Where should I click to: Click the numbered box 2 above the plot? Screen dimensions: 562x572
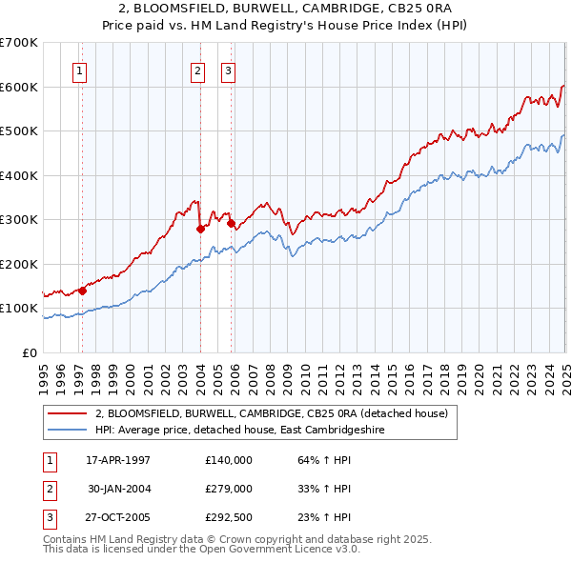point(197,70)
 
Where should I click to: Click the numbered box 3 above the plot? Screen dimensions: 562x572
point(229,70)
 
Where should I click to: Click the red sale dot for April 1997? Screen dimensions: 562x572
point(83,291)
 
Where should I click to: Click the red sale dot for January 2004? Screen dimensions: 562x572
point(201,229)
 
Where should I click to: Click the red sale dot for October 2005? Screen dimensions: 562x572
point(232,223)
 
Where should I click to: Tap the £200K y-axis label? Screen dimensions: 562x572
point(19,264)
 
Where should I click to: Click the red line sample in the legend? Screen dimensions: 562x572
point(68,413)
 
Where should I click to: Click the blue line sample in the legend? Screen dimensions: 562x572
point(68,430)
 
